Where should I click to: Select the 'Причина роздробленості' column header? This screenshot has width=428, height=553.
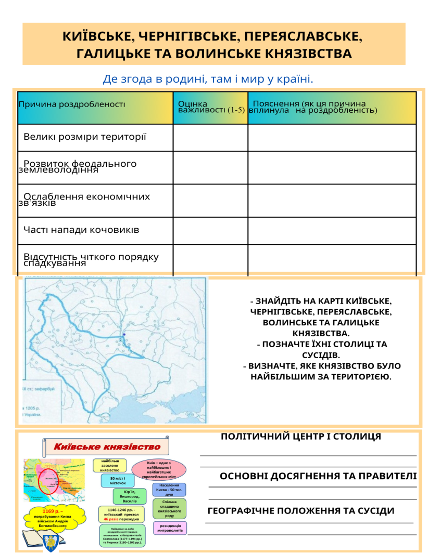72,104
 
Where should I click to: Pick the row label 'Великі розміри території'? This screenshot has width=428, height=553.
85,137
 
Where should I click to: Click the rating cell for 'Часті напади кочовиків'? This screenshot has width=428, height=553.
210,230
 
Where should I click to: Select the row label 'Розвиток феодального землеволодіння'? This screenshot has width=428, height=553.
78,166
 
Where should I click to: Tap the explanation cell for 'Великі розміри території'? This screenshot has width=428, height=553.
332,138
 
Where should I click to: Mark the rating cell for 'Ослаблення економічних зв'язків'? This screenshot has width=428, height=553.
210,200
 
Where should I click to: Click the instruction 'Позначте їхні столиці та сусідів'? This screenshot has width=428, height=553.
322,350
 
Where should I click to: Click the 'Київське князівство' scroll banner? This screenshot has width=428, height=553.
107,446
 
